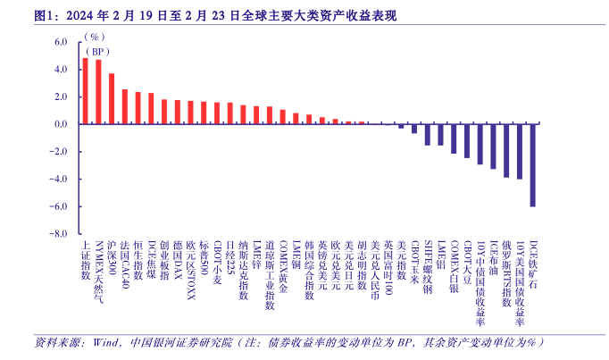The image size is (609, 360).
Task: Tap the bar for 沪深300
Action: point(112,98)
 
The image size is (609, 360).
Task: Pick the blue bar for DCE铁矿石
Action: point(533,165)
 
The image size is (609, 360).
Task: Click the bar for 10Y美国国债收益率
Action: point(520,151)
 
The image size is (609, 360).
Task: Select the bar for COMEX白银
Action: point(454,138)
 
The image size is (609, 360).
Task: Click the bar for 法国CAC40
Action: point(124,106)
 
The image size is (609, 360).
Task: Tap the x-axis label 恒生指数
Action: point(138,260)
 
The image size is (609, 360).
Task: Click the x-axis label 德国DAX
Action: point(177,260)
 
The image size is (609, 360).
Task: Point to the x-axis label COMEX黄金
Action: point(282,264)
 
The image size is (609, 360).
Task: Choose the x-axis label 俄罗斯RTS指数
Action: point(506,273)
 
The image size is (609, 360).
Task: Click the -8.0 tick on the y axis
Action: point(59,234)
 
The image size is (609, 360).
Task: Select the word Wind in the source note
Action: point(105,342)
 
